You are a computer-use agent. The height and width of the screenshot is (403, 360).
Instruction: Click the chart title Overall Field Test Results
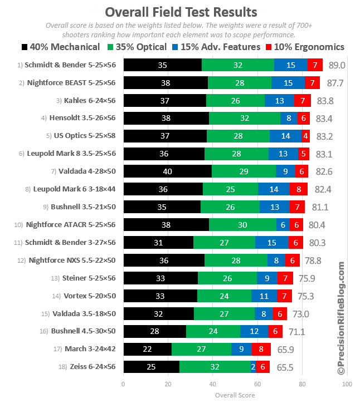(181, 12)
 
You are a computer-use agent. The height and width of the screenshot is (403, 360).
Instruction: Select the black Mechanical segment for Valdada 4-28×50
(167, 171)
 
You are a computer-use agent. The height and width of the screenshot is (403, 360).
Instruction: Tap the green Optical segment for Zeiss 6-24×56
(215, 367)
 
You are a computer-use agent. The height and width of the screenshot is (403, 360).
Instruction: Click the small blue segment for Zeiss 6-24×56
(253, 367)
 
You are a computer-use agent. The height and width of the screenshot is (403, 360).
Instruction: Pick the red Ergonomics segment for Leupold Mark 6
(298, 189)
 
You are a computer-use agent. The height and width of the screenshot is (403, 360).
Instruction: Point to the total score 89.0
(337, 65)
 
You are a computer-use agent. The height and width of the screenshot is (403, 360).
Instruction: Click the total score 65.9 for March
(282, 350)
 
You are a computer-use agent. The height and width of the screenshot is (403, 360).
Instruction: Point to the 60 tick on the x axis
(257, 385)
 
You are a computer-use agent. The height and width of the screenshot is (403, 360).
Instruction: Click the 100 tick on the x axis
(347, 385)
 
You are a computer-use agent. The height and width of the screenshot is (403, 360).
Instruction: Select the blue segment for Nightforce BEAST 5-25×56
(288, 83)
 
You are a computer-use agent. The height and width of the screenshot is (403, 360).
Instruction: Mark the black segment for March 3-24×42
(147, 350)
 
